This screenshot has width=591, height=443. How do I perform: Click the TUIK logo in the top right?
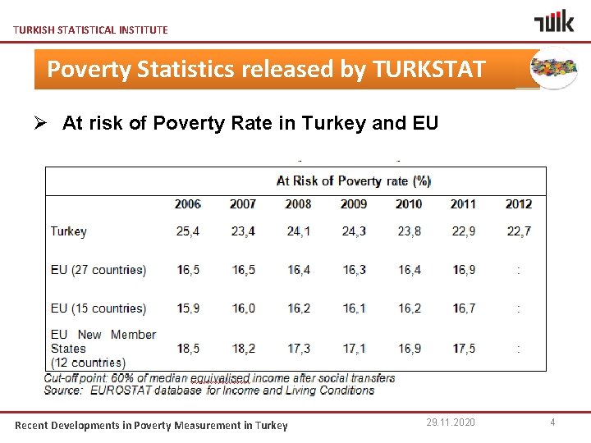555,21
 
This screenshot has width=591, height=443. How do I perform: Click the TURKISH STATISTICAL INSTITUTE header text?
90,30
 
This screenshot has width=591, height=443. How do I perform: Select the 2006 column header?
188,203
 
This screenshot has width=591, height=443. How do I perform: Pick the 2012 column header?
519,203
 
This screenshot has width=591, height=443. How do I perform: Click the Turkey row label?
68,231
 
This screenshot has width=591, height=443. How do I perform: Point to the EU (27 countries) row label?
98,270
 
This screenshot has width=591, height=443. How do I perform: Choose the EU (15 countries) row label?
98,308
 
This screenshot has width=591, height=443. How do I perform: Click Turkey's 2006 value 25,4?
188,231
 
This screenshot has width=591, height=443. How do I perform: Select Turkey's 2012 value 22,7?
519,231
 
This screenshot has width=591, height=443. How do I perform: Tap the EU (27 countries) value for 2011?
463,270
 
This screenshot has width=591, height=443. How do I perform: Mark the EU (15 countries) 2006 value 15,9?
188,308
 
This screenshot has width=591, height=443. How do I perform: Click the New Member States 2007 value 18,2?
243,349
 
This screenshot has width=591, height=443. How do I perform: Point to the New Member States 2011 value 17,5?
463,349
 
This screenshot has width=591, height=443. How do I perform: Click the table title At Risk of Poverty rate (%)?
353,180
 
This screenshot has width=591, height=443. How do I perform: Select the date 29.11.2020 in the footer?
450,422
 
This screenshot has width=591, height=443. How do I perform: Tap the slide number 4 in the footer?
552,422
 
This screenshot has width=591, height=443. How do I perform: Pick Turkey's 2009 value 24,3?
354,231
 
